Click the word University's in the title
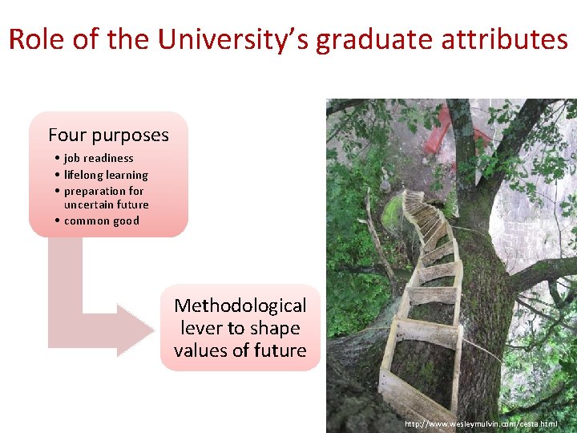point(234,39)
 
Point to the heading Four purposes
point(108,135)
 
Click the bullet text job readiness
point(99,159)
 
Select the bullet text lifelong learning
point(106,175)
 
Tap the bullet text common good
point(101,221)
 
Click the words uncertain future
point(106,205)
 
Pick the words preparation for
point(103,191)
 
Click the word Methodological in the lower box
point(240,306)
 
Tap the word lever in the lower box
point(200,328)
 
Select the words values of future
point(240,350)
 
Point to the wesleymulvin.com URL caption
point(481,423)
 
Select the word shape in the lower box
point(274,328)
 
